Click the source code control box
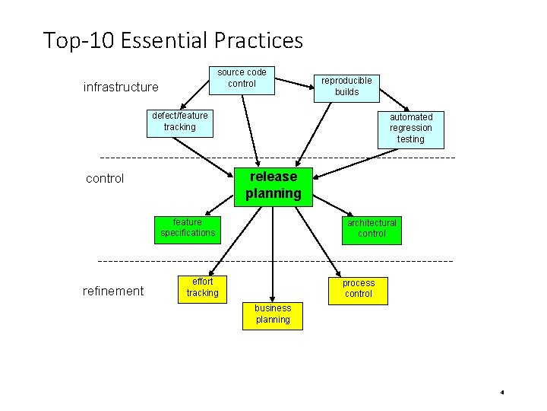coord(242,78)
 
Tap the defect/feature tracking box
coord(179,122)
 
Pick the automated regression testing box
coord(410,128)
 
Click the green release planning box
coord(273,185)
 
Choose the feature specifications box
coord(188,228)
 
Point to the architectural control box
coord(372,228)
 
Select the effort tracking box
coord(202,288)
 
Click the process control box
coord(358,288)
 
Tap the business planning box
coord(273,314)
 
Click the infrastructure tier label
coord(121,88)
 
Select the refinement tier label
coord(113,291)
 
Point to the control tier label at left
coord(105,180)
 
